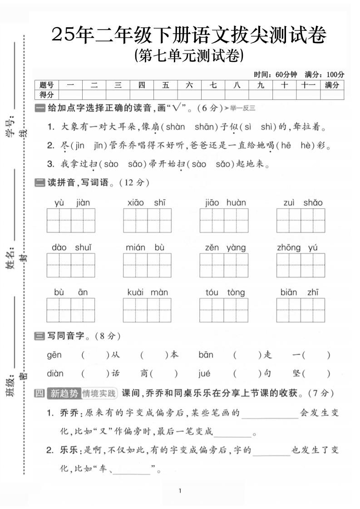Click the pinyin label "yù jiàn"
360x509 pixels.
tap(72, 203)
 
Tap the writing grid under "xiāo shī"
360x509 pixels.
tap(147, 220)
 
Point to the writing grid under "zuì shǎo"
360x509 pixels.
tap(301, 220)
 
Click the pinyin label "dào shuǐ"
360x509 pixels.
tap(72, 248)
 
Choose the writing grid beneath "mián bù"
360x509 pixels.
tap(147, 265)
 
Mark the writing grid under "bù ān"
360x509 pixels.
tap(71, 310)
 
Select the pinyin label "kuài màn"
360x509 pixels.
tap(148, 293)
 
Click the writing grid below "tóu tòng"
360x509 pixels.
tap(224, 310)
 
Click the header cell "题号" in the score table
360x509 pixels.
tap(46, 85)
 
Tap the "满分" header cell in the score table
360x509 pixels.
tap(332, 85)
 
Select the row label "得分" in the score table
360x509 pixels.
tap(46, 94)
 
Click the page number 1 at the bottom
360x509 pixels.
tap(180, 491)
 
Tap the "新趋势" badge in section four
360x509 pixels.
tap(64, 393)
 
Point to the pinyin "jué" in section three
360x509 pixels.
tap(205, 374)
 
